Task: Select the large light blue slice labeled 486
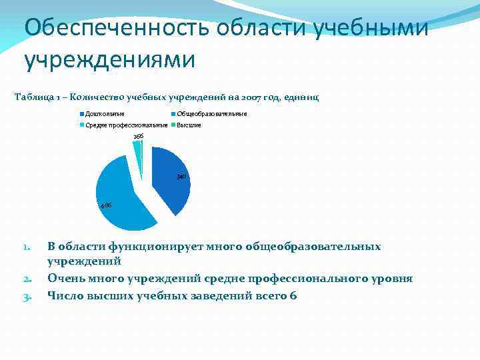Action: click(123, 197)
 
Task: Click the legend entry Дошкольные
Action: click(104, 114)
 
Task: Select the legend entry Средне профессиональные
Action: click(127, 125)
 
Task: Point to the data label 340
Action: click(180, 177)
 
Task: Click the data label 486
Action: click(105, 205)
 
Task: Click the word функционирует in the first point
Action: click(153, 247)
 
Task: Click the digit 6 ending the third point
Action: click(293, 295)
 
